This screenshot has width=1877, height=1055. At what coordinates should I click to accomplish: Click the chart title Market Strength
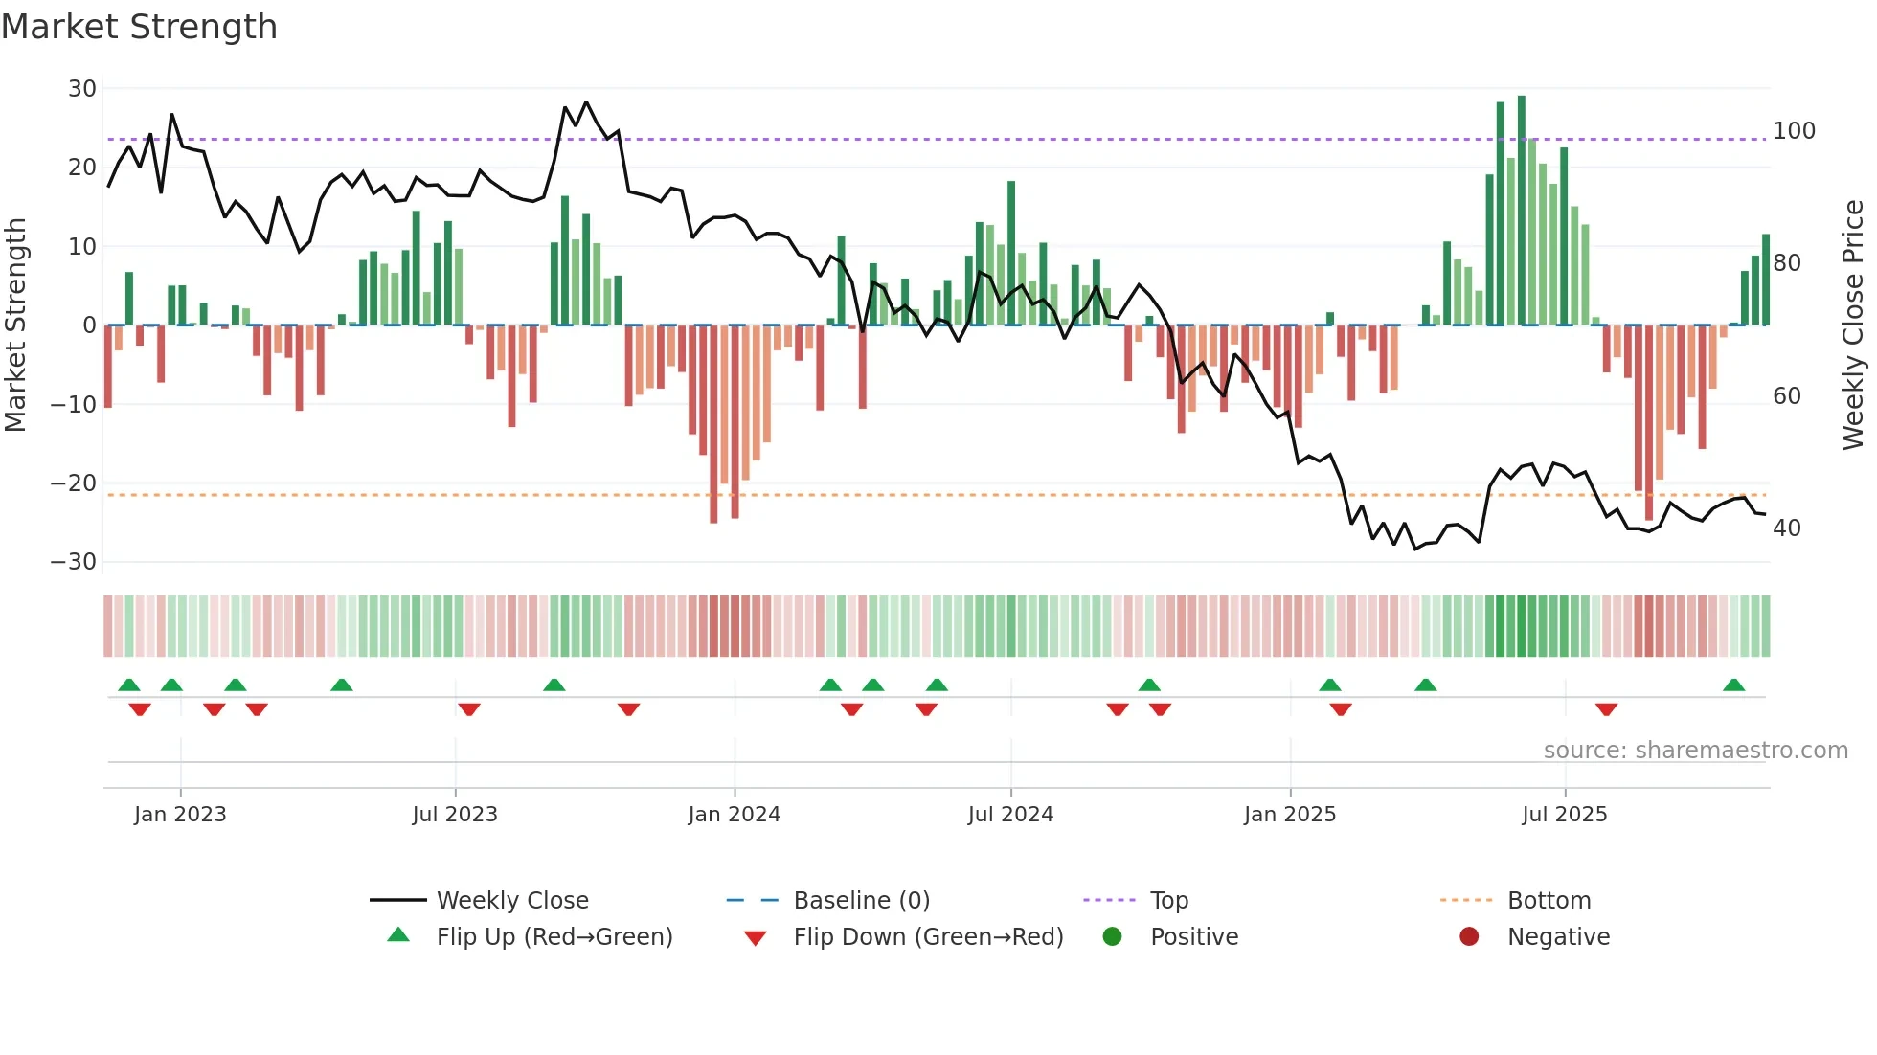tap(139, 27)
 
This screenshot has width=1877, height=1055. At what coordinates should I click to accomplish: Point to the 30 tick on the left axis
tap(82, 89)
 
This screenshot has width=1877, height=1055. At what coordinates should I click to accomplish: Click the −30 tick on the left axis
tap(74, 562)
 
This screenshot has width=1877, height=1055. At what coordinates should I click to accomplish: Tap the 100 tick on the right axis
tap(1794, 131)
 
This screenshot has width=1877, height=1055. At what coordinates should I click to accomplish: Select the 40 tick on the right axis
tap(1786, 528)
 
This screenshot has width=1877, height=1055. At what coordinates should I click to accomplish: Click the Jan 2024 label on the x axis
tap(734, 815)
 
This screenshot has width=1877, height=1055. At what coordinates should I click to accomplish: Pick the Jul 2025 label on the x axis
tap(1564, 815)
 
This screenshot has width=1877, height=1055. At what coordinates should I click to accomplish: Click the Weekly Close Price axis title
tap(1853, 325)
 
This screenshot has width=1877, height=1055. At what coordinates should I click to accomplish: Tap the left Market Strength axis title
tap(16, 325)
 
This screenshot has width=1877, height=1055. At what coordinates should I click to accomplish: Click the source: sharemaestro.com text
tap(1695, 751)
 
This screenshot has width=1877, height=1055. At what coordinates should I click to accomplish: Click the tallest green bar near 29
tap(1521, 211)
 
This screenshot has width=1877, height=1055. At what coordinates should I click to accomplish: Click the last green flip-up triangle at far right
tap(1733, 685)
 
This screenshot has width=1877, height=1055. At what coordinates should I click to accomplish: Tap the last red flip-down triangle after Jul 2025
tap(1606, 709)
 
